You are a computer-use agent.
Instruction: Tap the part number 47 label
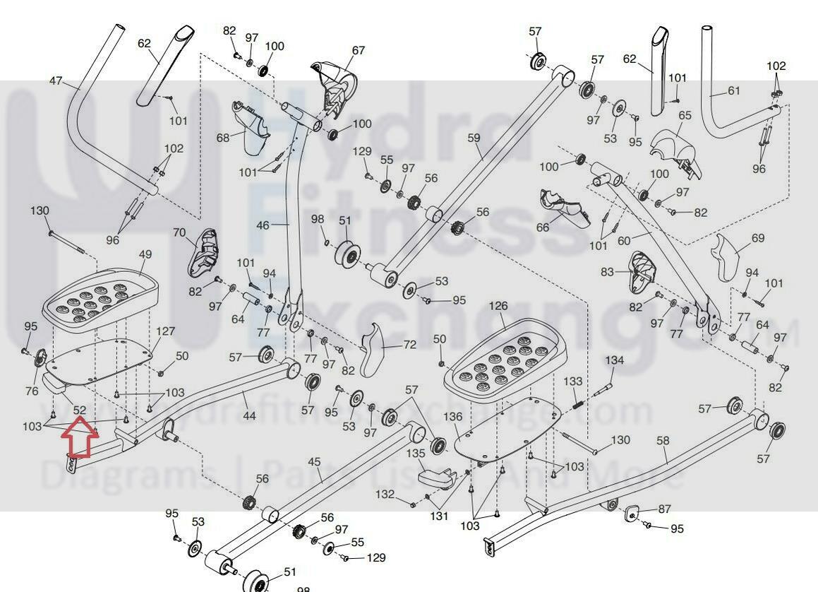click(56, 81)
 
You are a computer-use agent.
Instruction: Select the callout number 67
click(359, 51)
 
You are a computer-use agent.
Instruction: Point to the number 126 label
click(498, 306)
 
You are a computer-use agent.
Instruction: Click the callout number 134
click(615, 360)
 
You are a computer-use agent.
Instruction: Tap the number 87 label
click(664, 509)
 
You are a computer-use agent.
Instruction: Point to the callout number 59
click(474, 138)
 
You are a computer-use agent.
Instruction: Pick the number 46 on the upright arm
click(263, 225)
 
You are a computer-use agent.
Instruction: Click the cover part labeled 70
click(202, 252)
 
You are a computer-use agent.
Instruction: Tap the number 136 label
click(453, 418)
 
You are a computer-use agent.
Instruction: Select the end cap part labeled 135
click(435, 475)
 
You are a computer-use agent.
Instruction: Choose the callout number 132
click(385, 493)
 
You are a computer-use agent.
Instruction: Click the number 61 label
click(734, 90)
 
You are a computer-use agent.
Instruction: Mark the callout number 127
click(165, 331)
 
